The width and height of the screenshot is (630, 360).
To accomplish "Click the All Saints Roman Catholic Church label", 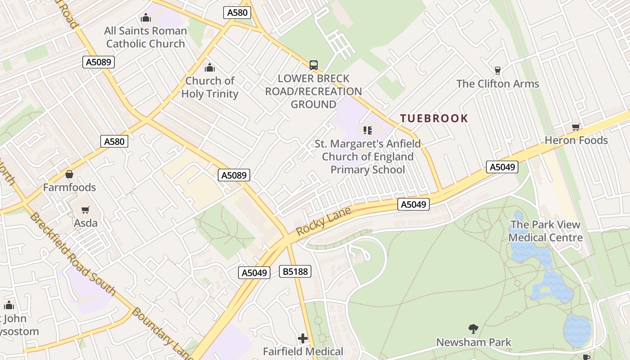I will (x=145, y=37).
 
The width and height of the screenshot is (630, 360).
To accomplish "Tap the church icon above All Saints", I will (x=145, y=18).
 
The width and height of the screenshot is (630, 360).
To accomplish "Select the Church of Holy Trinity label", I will (x=210, y=87).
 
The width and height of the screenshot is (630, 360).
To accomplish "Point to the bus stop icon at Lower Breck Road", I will (x=314, y=65).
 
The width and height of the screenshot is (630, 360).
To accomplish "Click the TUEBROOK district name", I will (x=434, y=118).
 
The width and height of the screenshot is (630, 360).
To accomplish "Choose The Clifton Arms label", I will (x=497, y=84).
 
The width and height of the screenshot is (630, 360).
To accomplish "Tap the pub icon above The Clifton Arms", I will (x=497, y=70).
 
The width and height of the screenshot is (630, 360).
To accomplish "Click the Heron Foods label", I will (x=576, y=140).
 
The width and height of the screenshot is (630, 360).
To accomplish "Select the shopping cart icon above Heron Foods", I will (x=576, y=127).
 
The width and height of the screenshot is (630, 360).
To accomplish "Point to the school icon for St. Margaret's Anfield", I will (x=368, y=130).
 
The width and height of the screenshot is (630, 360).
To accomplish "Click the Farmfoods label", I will (x=69, y=187).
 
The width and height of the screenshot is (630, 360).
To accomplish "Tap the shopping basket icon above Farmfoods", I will (x=69, y=174).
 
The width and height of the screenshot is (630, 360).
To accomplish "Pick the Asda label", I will (x=85, y=223).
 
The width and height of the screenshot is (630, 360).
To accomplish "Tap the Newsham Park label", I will (x=473, y=342).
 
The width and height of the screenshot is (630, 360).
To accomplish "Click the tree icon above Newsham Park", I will (x=473, y=329).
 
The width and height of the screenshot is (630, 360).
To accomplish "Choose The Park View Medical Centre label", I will (x=545, y=231).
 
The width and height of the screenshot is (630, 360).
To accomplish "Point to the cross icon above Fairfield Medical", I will (x=303, y=338).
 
